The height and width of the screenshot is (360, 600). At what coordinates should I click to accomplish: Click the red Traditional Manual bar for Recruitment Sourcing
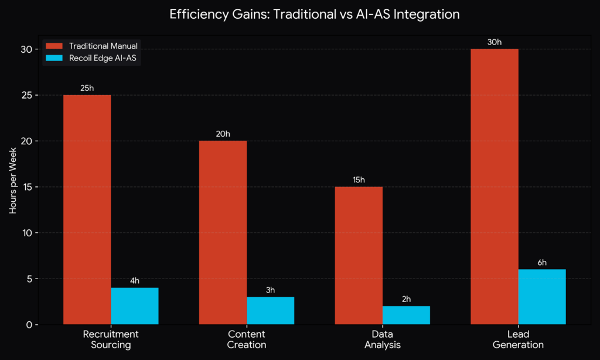click(87, 209)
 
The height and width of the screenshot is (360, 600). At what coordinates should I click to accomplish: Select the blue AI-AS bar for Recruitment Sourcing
click(134, 305)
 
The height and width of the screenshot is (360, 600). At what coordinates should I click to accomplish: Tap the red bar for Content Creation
click(223, 232)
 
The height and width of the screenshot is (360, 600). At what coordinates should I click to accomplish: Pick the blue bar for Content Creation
click(270, 310)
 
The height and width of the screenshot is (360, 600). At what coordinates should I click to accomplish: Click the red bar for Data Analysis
click(359, 255)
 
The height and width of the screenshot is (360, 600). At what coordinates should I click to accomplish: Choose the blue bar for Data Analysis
click(406, 315)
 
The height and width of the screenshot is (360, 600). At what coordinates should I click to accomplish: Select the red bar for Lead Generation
click(495, 186)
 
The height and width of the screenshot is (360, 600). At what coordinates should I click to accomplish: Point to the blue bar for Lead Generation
click(542, 297)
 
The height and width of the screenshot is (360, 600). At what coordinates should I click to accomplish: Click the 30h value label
click(495, 42)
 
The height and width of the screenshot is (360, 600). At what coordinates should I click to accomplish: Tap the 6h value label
click(542, 262)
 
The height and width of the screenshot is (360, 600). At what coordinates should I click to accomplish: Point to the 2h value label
click(406, 299)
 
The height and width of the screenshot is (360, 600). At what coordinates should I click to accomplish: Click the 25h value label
click(87, 88)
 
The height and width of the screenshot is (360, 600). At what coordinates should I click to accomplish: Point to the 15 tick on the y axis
click(27, 187)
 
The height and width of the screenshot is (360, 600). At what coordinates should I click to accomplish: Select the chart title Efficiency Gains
click(314, 14)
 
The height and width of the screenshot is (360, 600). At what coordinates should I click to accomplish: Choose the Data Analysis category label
click(382, 339)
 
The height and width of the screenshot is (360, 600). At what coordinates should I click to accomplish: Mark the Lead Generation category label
click(518, 339)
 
